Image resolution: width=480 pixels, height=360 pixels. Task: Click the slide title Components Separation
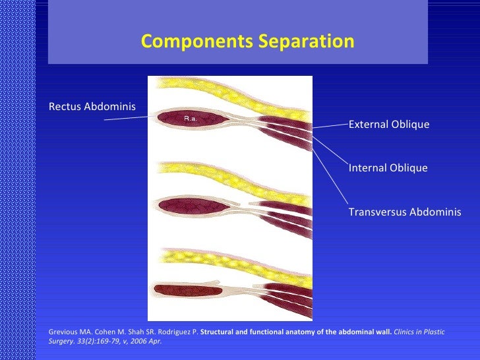point(247,42)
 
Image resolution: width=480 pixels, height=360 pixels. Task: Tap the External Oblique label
point(388,125)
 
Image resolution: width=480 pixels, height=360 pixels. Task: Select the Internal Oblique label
point(388,168)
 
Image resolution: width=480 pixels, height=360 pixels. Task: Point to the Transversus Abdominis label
point(404,212)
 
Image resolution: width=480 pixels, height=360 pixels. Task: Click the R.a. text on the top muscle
point(191,119)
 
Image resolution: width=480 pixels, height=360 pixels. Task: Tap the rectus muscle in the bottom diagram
point(185,289)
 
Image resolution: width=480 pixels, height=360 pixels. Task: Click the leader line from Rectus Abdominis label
point(129,118)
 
